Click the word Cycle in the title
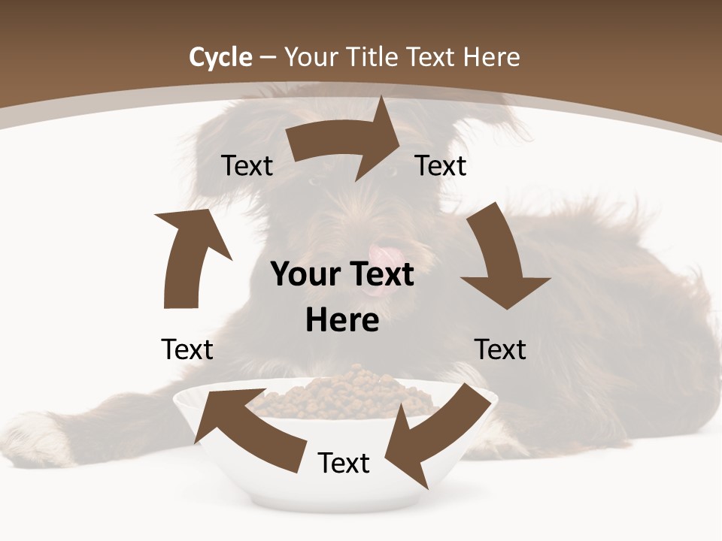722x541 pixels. (x=220, y=57)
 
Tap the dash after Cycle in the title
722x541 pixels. (x=268, y=58)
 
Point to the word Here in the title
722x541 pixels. (x=491, y=57)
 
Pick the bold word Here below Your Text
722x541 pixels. (x=342, y=321)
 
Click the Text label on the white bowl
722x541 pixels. (x=344, y=463)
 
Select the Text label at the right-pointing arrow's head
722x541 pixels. (x=441, y=165)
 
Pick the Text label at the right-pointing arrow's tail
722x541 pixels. (x=247, y=165)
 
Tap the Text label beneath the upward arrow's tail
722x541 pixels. (x=187, y=349)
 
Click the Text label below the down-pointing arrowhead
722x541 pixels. (x=500, y=349)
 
